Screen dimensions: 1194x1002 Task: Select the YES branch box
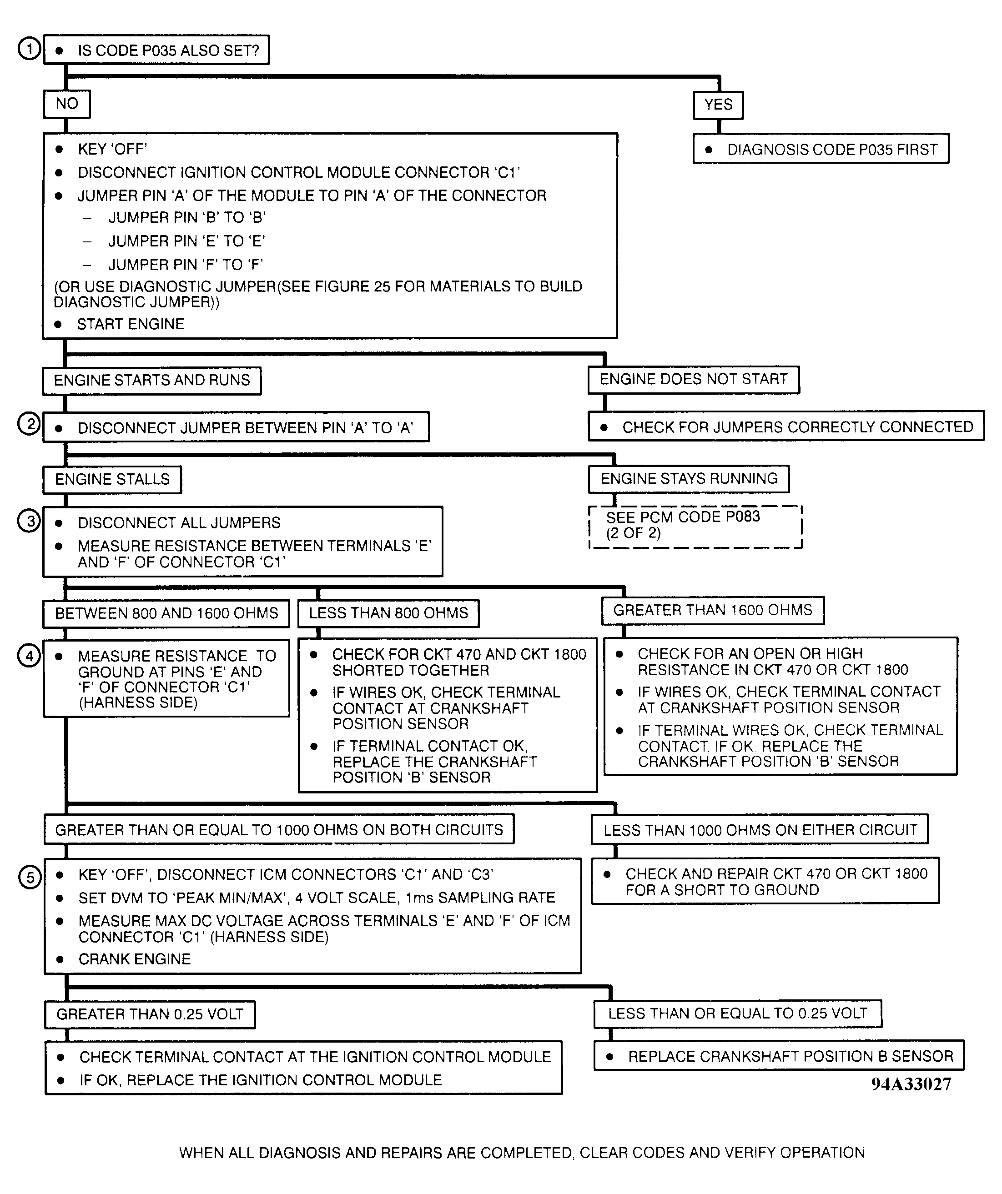[x=718, y=105]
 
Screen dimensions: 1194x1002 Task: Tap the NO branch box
[x=66, y=104]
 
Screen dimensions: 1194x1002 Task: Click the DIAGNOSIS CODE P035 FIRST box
[x=821, y=150]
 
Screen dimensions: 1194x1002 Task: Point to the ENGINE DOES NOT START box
[x=693, y=380]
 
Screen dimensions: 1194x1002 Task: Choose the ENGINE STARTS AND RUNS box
[x=152, y=381]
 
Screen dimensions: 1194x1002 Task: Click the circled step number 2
[x=29, y=424]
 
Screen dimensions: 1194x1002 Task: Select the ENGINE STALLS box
[x=112, y=479]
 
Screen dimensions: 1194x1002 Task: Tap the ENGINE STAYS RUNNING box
[x=689, y=479]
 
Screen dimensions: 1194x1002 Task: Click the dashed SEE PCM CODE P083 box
[x=695, y=527]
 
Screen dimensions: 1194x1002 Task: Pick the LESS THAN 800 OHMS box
[x=388, y=613]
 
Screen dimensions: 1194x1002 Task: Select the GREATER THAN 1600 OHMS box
[x=713, y=611]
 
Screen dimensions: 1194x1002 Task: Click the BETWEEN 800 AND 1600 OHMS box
[x=166, y=613]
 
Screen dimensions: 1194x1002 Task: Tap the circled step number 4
[x=29, y=656]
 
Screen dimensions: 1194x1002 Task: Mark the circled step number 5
[x=30, y=877]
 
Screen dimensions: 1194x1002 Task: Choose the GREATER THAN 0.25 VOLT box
[x=150, y=1014]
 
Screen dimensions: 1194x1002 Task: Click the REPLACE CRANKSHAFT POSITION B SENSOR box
[x=779, y=1056]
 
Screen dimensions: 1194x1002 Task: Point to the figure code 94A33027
[x=911, y=1084]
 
